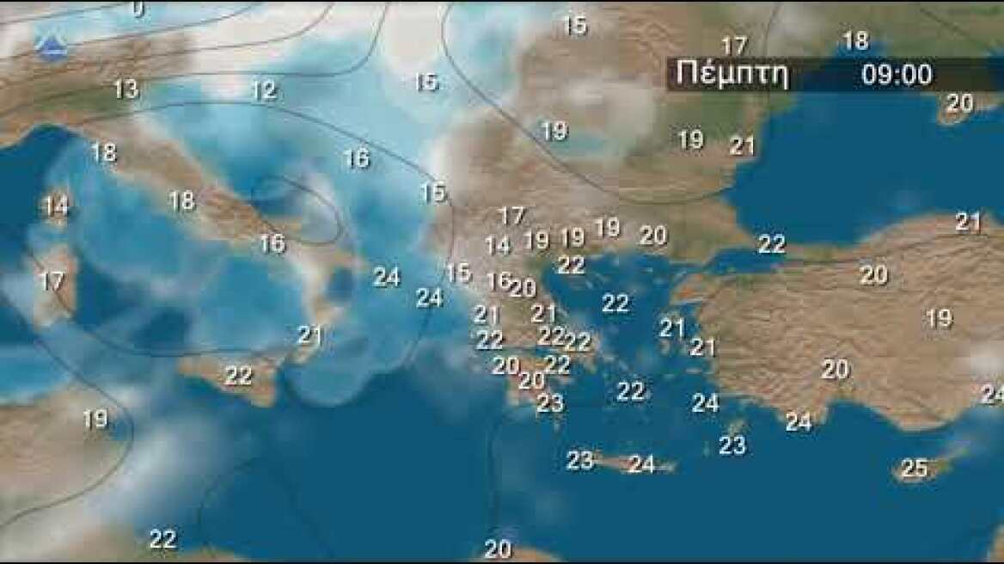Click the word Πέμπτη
pos(732,74)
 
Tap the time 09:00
pos(897,75)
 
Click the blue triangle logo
pos(52,46)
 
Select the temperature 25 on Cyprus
pos(915,469)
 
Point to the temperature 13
pos(125,89)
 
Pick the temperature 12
pos(263,89)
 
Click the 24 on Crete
pos(641,464)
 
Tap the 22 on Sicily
pos(238,375)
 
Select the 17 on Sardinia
pos(52,281)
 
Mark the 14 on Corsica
pos(55,206)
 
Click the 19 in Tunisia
pos(95,420)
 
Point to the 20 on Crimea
pos(959,103)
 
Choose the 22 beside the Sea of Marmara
pos(771,244)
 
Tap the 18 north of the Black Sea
pos(854,40)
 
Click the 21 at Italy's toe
pos(309,335)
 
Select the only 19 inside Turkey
pos(939,318)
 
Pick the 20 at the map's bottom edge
pos(498,549)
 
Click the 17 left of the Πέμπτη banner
pos(733,46)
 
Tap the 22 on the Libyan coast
pos(162,539)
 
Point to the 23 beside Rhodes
pos(732,445)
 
